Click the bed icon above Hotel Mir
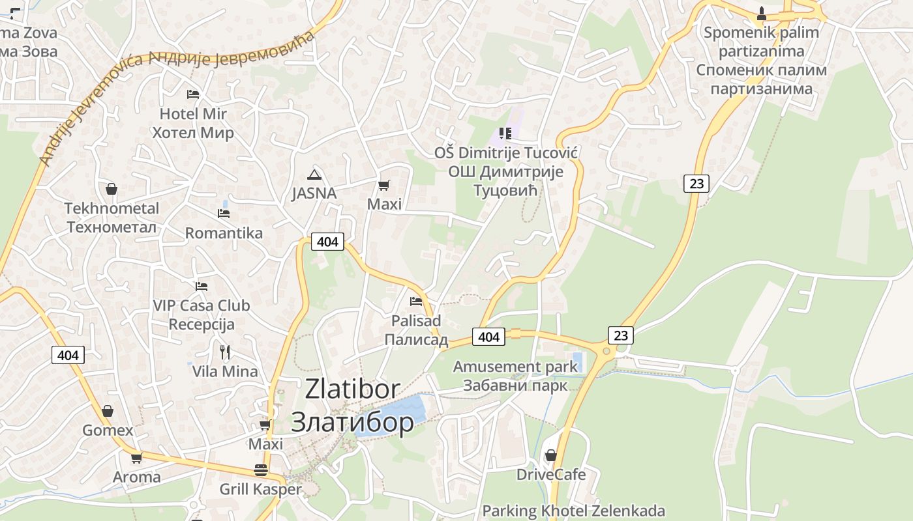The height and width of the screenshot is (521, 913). tap(192, 94)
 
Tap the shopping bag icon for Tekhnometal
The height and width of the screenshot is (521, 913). tap(112, 190)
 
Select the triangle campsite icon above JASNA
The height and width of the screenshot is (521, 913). tap(314, 175)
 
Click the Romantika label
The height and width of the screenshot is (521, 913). tap(224, 233)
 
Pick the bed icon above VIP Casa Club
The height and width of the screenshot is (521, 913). tap(202, 286)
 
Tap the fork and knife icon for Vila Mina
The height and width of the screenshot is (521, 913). tap(225, 352)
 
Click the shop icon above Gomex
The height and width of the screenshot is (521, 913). tap(108, 411)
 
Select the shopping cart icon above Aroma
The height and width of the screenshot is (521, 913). tap(136, 458)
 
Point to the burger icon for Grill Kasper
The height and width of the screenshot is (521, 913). tap(261, 470)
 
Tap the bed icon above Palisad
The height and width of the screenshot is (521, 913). tap(416, 302)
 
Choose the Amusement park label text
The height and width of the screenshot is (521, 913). tap(515, 367)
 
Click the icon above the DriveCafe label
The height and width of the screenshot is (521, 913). tap(551, 455)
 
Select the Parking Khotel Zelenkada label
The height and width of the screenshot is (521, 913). tap(573, 511)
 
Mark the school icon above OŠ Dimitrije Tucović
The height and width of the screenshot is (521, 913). tap(505, 134)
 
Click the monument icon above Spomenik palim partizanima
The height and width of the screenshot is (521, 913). tap(761, 13)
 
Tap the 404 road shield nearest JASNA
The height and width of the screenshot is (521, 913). tap(327, 242)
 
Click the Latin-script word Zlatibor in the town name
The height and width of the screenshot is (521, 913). tap(352, 389)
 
